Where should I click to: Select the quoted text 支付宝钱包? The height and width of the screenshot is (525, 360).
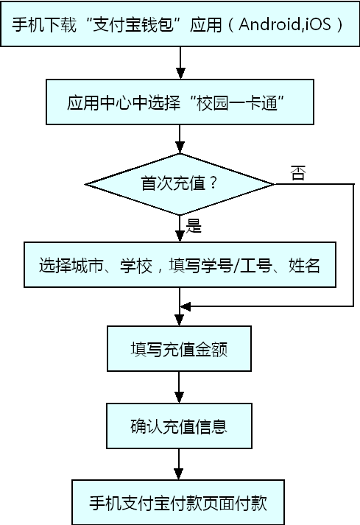133,24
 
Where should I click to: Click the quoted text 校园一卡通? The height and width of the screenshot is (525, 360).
238,102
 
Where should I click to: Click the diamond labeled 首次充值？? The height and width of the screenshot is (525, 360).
180,184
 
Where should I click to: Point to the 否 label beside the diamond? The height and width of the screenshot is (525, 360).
297,173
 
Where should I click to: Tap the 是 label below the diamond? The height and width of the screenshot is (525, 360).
194,225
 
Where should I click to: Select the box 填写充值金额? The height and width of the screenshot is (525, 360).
179,348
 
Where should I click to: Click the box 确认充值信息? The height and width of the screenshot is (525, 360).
179,426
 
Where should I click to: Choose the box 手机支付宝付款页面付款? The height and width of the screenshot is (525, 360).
178,502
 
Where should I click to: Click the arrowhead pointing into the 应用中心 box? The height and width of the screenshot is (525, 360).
180,74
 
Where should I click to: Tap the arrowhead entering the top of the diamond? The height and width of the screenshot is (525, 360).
180,148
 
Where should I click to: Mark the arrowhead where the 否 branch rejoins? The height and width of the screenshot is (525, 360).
186,306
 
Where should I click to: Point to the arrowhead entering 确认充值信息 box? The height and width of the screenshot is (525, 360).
179,398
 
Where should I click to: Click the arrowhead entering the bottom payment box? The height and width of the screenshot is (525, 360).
178,474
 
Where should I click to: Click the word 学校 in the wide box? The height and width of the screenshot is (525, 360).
136,265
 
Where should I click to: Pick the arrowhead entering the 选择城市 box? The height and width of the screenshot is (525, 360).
180,236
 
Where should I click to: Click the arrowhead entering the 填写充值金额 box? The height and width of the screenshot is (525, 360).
179,320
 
